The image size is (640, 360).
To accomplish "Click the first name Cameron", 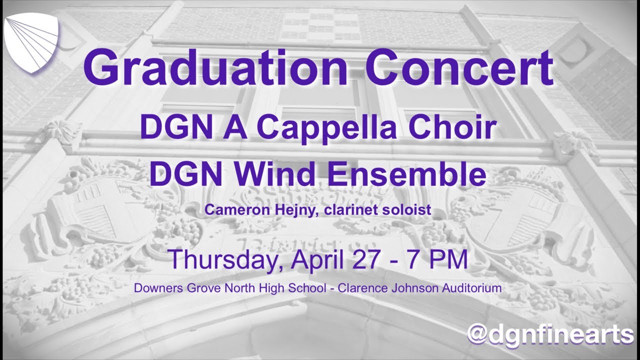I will tap(231, 210).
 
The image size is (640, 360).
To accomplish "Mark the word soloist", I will tap(407, 210).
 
